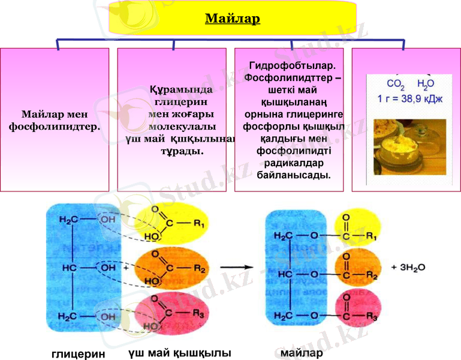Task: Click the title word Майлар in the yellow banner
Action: [x=233, y=19]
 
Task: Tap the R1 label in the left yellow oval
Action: [x=199, y=226]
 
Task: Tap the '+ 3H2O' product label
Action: [x=408, y=268]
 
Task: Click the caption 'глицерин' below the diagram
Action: [x=74, y=353]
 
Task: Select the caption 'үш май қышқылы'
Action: [x=179, y=352]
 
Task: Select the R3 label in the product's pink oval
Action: [x=372, y=316]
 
